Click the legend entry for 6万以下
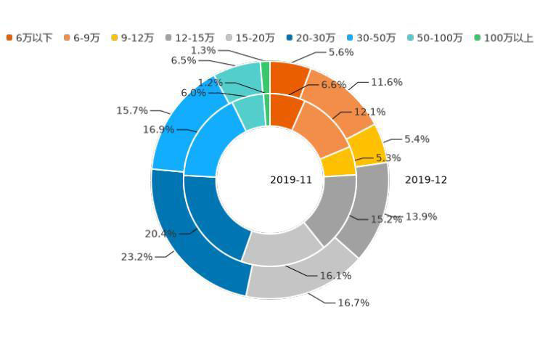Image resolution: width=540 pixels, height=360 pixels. (x=29, y=38)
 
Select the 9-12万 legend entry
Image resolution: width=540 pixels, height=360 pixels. (x=132, y=38)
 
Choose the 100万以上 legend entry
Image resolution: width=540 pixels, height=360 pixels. (x=504, y=38)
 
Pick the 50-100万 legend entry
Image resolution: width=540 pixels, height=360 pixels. (x=435, y=38)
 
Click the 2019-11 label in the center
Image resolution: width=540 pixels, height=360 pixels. (x=291, y=180)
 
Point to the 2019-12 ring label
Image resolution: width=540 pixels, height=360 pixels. (x=426, y=180)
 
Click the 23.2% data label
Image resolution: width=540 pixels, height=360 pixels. (x=136, y=257)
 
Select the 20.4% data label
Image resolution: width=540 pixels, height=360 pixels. (x=160, y=234)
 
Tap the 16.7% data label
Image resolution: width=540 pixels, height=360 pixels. (x=353, y=303)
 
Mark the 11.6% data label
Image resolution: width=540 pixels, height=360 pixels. (x=386, y=83)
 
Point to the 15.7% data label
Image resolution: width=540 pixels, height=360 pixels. (x=132, y=111)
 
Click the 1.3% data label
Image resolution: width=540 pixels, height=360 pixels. (x=203, y=51)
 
